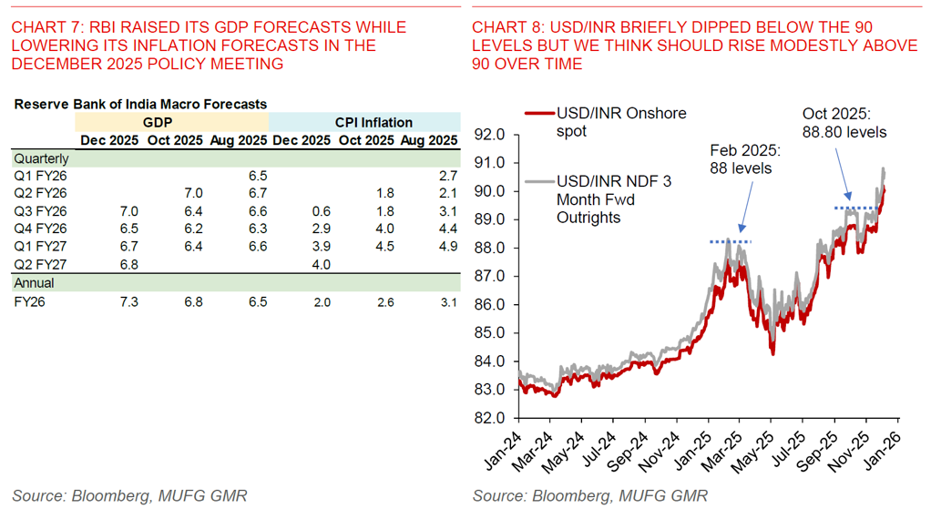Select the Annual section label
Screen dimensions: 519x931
tap(34, 283)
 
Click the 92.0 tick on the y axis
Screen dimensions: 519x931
tap(489, 136)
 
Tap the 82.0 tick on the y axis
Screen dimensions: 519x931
tap(489, 418)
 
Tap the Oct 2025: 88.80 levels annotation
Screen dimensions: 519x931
tap(844, 122)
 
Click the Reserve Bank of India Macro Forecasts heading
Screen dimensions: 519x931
tap(140, 105)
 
